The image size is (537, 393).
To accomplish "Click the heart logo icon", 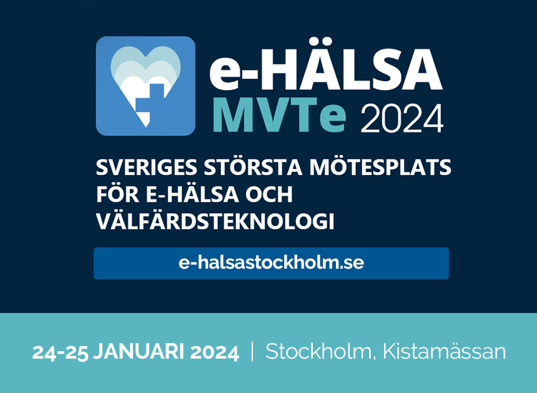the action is point(145,86).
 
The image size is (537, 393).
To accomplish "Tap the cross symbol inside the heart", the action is point(150,100).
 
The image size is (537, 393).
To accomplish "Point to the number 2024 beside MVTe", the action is point(402,119).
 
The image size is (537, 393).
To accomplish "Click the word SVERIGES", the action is point(147,167).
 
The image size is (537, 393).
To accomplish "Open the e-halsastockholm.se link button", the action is point(271,263).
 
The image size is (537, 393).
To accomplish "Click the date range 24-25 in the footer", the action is point(60,352).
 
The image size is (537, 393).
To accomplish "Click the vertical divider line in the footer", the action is point(252,352).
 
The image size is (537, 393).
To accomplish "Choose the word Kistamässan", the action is point(444,351).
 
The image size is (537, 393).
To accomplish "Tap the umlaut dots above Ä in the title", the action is point(322,41).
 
